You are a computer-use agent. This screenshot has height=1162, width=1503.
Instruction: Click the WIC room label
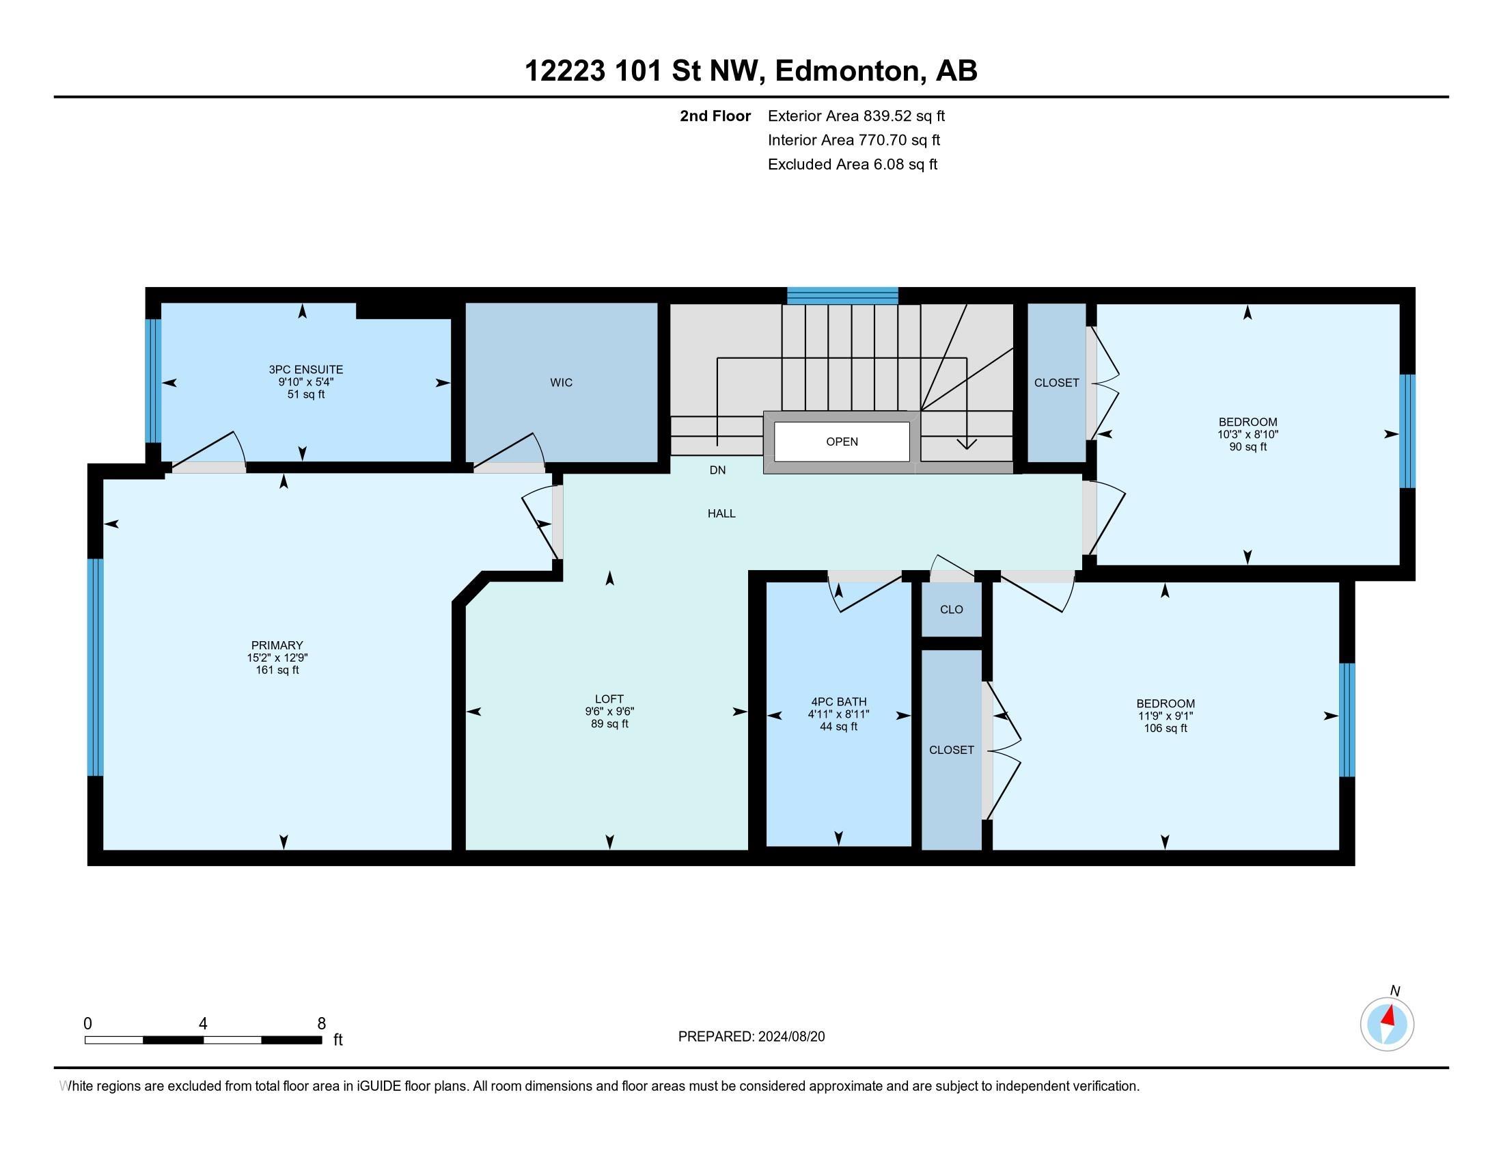tap(561, 383)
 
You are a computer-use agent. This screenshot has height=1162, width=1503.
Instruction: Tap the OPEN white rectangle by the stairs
tap(842, 442)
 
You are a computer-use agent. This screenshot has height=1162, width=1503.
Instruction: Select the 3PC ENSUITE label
tap(305, 370)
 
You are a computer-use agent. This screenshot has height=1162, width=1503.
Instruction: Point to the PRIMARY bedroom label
tap(277, 645)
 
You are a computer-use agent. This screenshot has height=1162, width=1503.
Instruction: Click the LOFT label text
tap(609, 699)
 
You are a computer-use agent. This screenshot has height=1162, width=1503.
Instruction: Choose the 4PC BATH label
tap(838, 702)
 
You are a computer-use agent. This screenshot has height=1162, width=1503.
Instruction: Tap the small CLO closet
tap(951, 609)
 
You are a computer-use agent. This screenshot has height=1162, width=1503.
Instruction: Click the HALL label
tap(721, 513)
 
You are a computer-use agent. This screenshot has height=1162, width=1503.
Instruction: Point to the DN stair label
tap(717, 470)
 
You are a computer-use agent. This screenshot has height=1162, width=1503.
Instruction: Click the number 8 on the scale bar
tap(321, 1024)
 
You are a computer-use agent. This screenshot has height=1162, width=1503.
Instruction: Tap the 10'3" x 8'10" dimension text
tap(1247, 434)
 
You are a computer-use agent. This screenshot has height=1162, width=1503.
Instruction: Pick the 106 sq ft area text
tap(1165, 728)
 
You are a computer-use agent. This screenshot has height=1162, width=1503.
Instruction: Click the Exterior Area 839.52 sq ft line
tap(856, 116)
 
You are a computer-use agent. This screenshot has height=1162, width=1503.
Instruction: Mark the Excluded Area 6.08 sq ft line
tap(853, 164)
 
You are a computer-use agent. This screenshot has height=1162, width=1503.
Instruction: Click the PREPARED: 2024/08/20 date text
tap(751, 1037)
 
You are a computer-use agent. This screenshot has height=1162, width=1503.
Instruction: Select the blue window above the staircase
tap(842, 295)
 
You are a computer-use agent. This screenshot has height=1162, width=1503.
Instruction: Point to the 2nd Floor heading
tap(715, 116)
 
